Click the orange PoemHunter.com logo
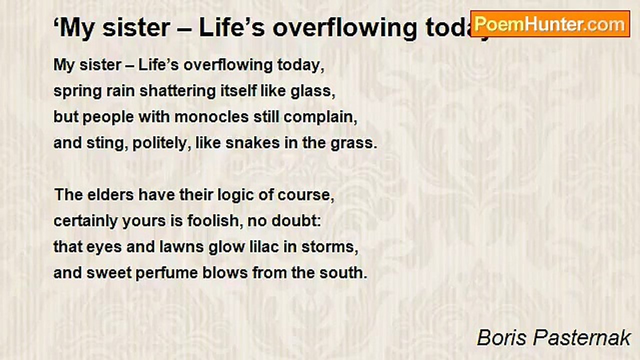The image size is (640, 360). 550,24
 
